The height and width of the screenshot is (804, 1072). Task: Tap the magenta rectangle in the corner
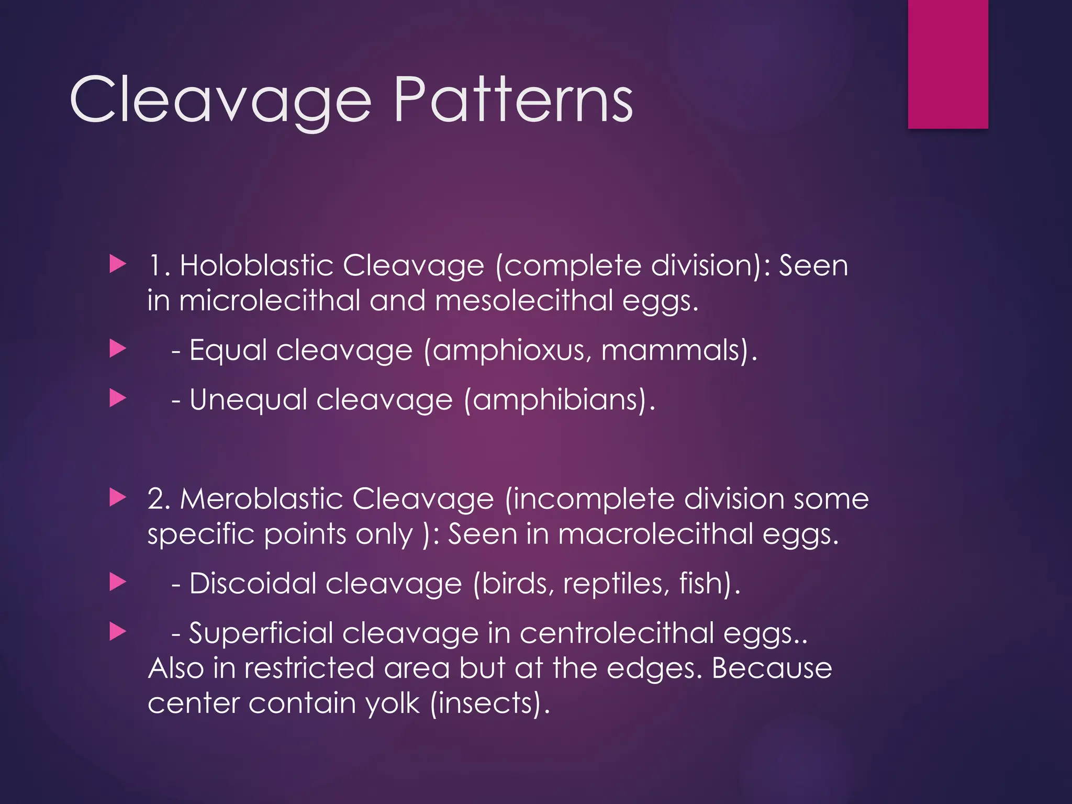[948, 64]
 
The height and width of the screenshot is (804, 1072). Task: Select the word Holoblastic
[256, 265]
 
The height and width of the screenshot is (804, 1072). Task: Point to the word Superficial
[261, 633]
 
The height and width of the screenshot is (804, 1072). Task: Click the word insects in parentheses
[487, 703]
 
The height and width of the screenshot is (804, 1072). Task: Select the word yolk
[393, 703]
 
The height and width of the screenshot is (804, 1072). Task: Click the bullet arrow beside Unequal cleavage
[118, 399]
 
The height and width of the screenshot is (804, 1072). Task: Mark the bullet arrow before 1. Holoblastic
[118, 264]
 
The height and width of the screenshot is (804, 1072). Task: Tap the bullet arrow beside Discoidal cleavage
[118, 582]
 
